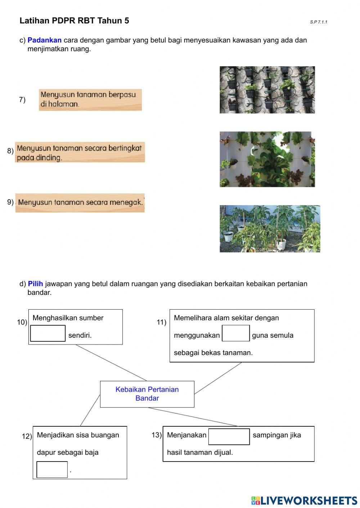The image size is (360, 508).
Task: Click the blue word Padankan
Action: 44,40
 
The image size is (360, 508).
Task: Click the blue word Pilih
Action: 35,284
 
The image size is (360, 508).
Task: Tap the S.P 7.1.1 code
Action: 319,22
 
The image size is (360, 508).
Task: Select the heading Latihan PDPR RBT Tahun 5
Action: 74,21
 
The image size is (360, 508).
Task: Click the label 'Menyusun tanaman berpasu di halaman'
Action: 90,100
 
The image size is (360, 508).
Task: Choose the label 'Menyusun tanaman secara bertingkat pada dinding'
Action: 80,152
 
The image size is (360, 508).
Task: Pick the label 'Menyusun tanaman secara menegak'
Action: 80,203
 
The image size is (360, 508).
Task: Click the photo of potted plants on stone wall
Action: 267,90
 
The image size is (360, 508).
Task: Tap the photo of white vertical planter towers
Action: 267,159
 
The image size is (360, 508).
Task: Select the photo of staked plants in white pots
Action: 270,229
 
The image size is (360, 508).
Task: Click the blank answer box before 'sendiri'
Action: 48,333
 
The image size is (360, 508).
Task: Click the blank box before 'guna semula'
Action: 236,333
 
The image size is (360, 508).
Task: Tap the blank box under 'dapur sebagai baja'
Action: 52,469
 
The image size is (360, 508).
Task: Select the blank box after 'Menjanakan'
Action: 229,436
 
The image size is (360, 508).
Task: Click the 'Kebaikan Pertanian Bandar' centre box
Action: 147,394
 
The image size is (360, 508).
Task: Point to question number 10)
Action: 22,322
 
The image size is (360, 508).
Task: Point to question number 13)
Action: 157,435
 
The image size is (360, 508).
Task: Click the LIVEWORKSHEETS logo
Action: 304,500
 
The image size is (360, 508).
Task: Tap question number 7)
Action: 22,100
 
